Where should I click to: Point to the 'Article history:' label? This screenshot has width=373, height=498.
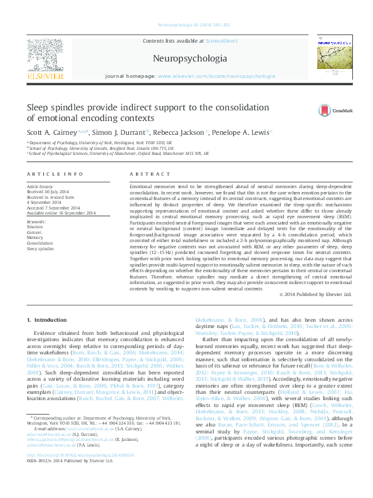pyautogui.click(x=40, y=187)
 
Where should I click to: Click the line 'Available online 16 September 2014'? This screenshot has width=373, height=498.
pyautogui.click(x=61, y=213)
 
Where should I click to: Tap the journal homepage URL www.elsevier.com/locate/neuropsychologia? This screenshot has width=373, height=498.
pyautogui.click(x=216, y=75)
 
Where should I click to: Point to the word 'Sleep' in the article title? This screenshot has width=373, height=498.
pyautogui.click(x=39, y=107)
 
